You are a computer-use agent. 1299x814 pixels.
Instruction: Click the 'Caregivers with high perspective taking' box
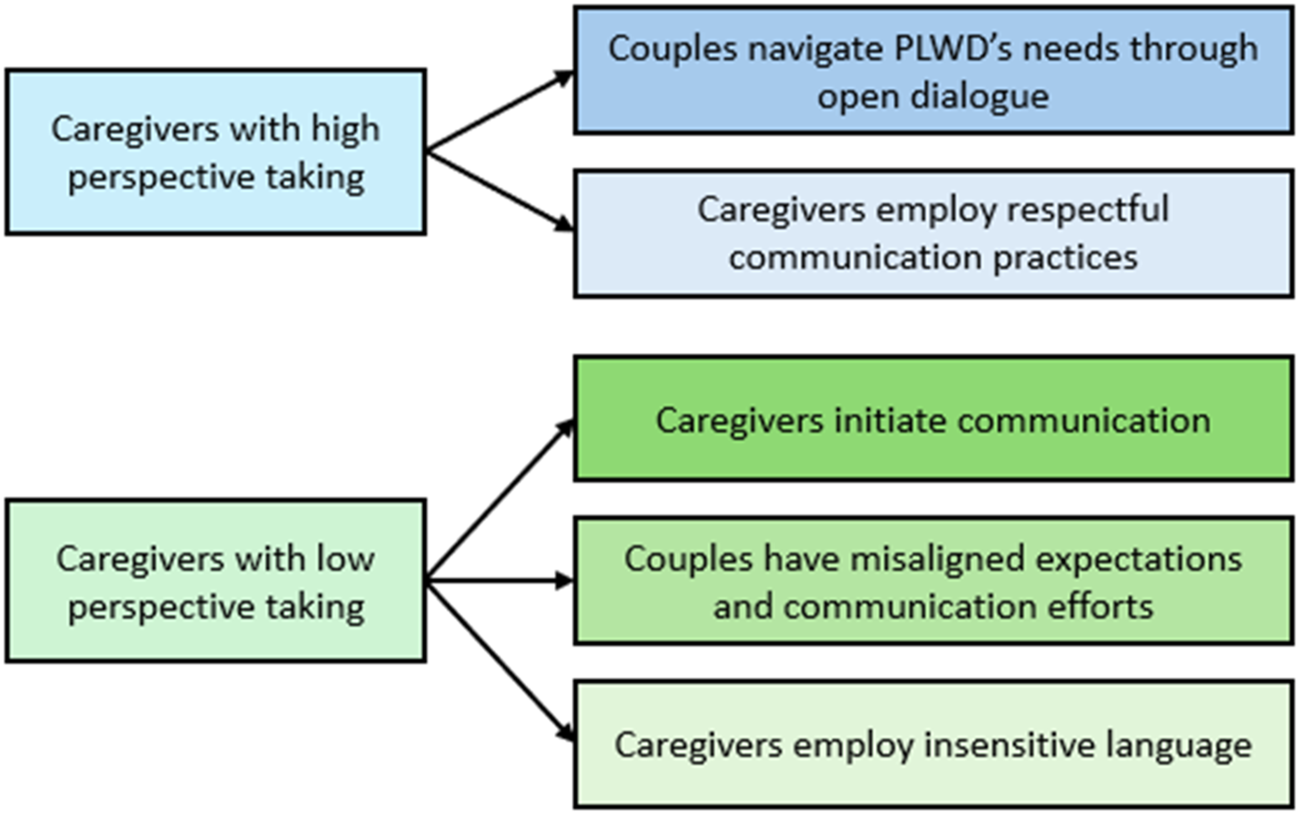pos(216,152)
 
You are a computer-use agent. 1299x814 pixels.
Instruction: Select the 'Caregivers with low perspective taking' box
pos(216,581)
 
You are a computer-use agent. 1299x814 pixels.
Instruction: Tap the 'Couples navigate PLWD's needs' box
pos(933,70)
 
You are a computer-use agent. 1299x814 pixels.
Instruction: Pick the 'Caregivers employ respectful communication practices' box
pos(933,233)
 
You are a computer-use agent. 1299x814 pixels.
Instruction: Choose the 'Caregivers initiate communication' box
pos(933,418)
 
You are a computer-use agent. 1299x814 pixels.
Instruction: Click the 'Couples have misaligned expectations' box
pos(933,581)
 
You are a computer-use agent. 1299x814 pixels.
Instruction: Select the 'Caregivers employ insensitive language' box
pos(933,745)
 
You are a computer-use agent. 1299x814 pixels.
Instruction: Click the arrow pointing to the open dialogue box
pos(500,111)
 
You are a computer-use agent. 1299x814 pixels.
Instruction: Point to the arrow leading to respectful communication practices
pos(500,191)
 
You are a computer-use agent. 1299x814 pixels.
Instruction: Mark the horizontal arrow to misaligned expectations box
pos(500,581)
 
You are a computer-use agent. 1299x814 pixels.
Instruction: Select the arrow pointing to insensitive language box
pos(500,662)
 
